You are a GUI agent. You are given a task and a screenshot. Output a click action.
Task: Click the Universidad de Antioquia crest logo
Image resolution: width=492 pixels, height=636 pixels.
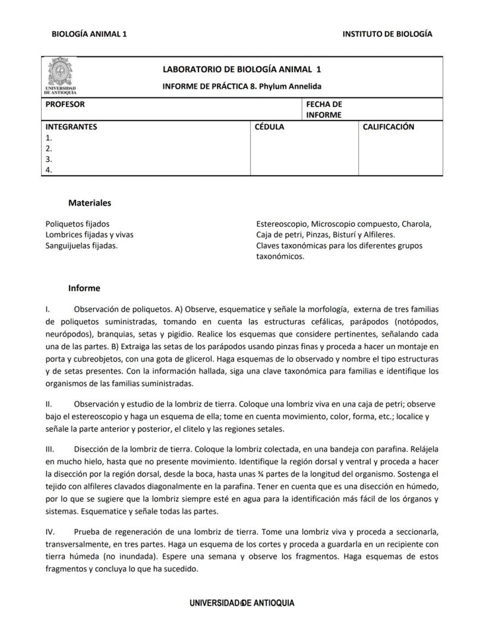tap(60, 76)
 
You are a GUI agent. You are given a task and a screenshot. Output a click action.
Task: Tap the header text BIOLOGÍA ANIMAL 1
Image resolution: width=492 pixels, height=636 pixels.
tap(89, 34)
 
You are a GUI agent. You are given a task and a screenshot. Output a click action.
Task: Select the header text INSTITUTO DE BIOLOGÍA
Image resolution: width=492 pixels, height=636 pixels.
tap(387, 34)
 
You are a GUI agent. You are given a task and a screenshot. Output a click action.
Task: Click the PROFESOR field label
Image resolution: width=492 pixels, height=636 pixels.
tap(65, 104)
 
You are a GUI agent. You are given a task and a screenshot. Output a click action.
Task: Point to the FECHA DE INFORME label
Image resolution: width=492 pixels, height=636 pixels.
tap(324, 109)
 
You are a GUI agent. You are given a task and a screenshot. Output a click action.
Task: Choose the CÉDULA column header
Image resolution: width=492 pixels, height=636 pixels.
tap(269, 126)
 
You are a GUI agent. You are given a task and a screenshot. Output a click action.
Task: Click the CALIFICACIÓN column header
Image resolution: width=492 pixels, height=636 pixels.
tap(389, 126)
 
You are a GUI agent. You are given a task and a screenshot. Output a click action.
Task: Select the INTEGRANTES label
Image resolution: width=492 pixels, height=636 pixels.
tap(71, 126)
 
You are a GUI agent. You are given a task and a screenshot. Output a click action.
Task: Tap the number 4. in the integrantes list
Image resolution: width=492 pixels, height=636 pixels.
tap(49, 170)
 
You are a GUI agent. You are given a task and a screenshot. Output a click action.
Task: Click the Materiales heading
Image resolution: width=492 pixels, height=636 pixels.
tap(90, 202)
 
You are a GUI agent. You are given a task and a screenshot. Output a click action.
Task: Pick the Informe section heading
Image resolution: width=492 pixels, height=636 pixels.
tap(84, 288)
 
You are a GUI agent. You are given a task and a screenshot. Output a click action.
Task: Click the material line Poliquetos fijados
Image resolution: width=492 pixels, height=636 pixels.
tap(77, 224)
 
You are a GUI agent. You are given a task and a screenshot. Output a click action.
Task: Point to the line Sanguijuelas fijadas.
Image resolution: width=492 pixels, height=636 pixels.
tap(81, 245)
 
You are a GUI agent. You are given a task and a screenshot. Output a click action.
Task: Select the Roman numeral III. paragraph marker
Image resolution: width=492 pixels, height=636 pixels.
tap(50, 448)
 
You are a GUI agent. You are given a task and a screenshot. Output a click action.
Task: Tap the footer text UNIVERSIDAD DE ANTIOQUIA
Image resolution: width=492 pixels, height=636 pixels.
tap(242, 603)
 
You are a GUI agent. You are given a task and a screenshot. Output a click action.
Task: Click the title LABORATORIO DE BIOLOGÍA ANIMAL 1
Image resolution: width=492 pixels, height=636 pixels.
tap(242, 69)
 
